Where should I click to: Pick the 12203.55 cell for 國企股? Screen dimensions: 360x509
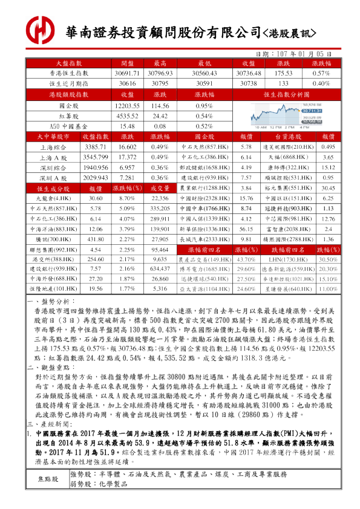click(127, 105)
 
